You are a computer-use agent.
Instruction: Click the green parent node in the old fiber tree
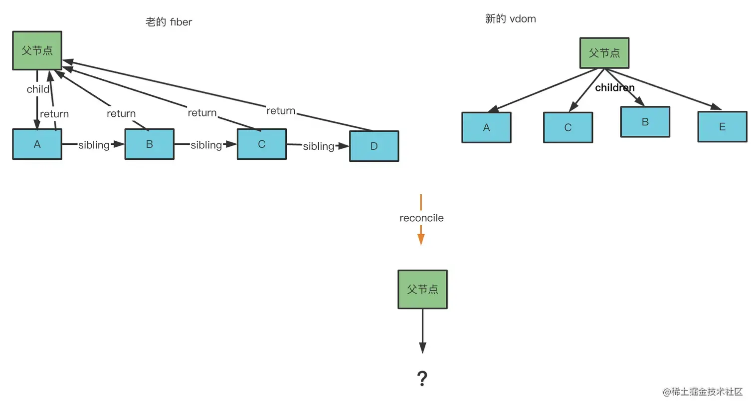37,50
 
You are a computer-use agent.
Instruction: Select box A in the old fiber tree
37,144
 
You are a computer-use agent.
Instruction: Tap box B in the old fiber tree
149,144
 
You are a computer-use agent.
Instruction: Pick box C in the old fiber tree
261,144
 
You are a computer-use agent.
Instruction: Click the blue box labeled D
374,146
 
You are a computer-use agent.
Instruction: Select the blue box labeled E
722,127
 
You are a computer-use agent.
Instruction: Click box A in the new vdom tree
486,128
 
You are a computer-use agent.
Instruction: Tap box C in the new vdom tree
567,128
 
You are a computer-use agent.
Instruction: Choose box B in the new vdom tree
645,122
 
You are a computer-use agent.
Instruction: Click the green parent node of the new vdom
604,53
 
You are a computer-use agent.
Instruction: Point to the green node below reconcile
422,290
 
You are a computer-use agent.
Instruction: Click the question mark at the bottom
422,379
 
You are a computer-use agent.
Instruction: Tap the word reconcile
421,218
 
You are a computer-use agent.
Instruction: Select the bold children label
614,88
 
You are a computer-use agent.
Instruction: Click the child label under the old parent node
38,89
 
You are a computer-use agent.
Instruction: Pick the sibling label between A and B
94,145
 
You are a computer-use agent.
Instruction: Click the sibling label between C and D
318,146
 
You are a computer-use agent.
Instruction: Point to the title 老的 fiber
169,22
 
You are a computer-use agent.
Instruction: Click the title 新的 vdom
510,19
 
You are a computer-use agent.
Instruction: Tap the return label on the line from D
281,111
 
